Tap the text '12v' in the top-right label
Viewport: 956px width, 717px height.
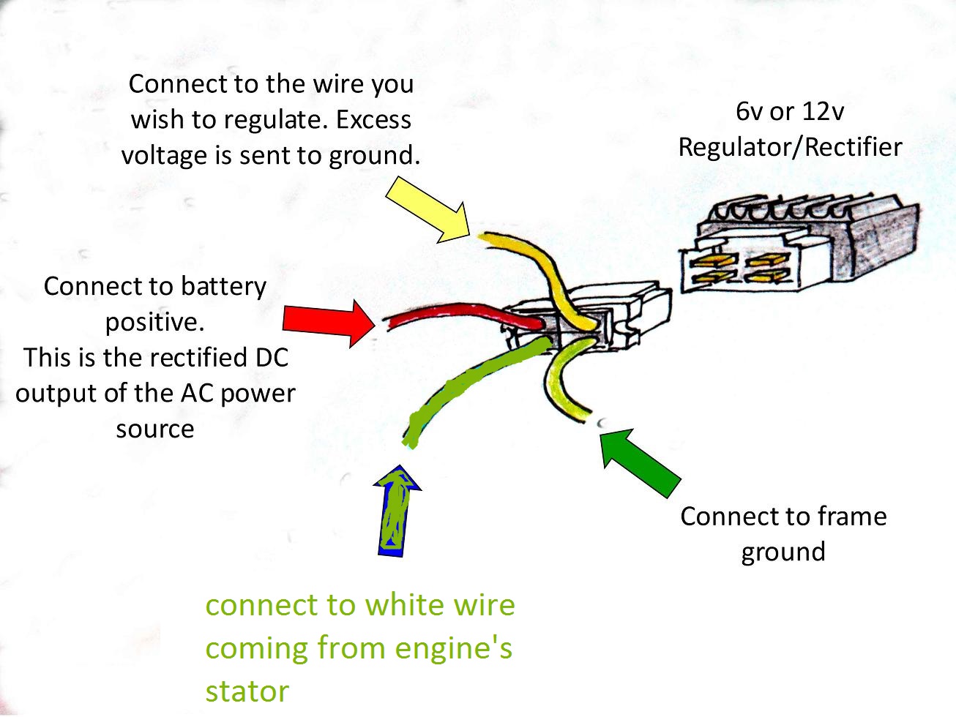point(824,111)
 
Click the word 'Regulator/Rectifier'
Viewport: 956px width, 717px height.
point(790,147)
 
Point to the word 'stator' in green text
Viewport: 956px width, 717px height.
point(247,691)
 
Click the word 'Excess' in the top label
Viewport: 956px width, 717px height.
point(373,120)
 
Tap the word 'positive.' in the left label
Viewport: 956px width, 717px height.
point(154,322)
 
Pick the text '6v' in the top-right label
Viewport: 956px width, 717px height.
point(749,111)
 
